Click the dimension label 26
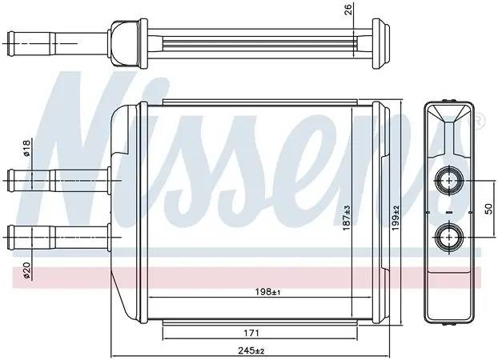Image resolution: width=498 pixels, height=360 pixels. tap(348, 10)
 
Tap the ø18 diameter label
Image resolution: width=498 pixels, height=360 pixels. tap(26, 148)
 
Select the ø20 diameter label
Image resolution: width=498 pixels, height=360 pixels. tap(26, 270)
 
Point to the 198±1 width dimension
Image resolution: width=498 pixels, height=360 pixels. tap(267, 291)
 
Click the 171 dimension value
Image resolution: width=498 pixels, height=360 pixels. tap(251, 333)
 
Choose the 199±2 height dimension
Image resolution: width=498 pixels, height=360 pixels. tap(396, 218)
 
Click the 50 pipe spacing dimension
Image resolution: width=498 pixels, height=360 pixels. tap(488, 209)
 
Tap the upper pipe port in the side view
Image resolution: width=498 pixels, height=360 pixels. tap(449, 181)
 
